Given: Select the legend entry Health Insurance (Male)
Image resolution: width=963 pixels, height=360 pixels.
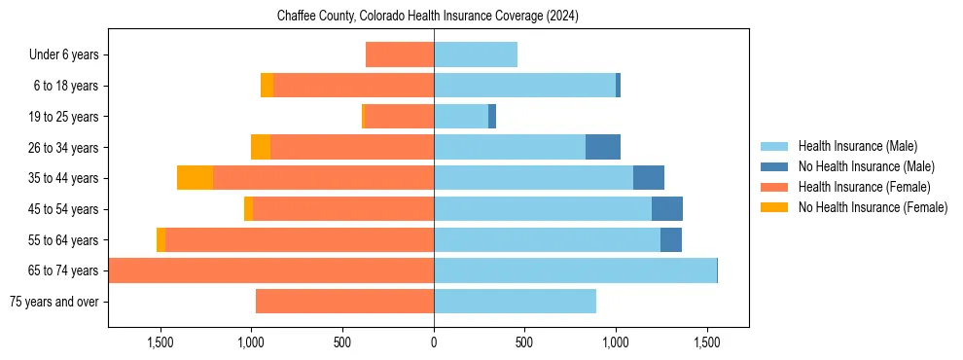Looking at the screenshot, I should pyautogui.click(x=857, y=146).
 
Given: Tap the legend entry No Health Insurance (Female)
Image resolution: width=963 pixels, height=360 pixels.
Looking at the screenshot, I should pyautogui.click(x=873, y=207).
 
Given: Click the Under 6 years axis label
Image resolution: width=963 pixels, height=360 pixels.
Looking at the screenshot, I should pyautogui.click(x=64, y=55).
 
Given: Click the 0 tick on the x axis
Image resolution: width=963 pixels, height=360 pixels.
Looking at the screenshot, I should pyautogui.click(x=434, y=342).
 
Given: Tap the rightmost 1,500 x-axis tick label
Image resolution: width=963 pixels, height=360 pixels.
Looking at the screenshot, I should pyautogui.click(x=706, y=342).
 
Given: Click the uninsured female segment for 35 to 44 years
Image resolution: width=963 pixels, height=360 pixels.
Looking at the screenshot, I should pyautogui.click(x=195, y=178).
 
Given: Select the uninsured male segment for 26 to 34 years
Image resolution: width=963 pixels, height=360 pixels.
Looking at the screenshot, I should pyautogui.click(x=603, y=147).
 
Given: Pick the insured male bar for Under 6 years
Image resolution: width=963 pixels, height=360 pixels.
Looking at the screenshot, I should pyautogui.click(x=476, y=55).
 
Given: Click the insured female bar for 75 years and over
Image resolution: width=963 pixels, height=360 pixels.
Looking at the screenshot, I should pyautogui.click(x=344, y=302).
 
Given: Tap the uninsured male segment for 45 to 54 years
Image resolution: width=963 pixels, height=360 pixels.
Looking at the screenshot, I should pyautogui.click(x=667, y=209).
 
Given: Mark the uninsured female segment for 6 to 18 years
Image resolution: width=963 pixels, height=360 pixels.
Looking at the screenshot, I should pyautogui.click(x=267, y=86).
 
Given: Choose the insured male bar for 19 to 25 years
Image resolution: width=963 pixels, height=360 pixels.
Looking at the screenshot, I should pyautogui.click(x=461, y=117).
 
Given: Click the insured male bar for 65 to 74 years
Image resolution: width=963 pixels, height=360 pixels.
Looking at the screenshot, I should pyautogui.click(x=575, y=270).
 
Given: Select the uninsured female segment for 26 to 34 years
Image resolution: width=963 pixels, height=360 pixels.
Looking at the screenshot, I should pyautogui.click(x=261, y=147).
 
